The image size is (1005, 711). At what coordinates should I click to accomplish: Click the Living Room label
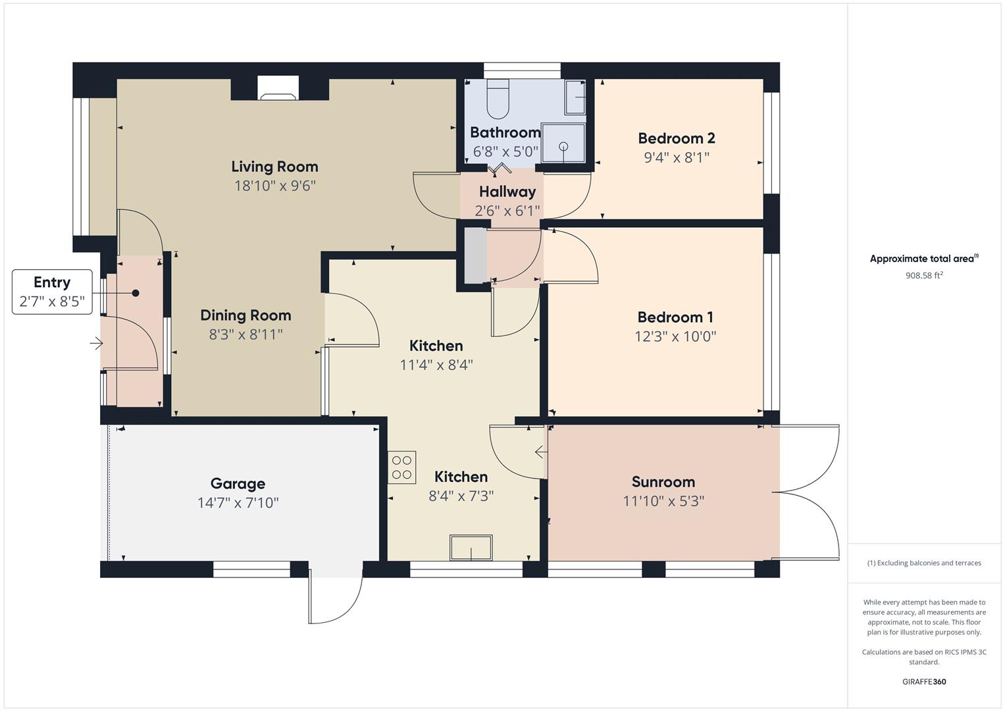pos(274,167)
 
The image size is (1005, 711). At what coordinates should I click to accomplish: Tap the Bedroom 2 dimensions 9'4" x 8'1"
pos(677,157)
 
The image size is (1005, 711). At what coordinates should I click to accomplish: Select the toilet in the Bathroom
pos(498,98)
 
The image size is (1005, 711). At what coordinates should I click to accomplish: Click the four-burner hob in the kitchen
pos(401,467)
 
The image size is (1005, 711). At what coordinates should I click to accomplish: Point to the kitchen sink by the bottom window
pos(471,548)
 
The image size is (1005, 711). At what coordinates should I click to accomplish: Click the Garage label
pos(238,483)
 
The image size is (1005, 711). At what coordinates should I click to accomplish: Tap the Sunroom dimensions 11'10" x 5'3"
pos(663,501)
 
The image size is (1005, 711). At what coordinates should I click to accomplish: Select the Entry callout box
pos(52,292)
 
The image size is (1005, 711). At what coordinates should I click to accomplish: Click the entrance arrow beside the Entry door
pos(96,343)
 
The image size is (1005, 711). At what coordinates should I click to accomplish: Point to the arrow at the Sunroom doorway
pos(540,452)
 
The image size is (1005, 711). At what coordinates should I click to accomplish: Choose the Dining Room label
pos(245,315)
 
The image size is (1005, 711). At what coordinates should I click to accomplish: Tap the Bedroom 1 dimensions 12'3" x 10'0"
pos(675,336)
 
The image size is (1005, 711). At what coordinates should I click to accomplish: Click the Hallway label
pos(507,192)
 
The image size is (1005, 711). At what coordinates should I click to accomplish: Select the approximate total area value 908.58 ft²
pos(923,276)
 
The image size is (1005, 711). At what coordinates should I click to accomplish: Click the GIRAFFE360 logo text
pos(923,681)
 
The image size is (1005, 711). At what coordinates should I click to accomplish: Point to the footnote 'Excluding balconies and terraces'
pos(923,563)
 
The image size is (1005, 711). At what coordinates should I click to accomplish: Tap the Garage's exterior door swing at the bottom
pos(335,599)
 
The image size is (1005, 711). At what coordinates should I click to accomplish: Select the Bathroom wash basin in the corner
pos(576,98)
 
